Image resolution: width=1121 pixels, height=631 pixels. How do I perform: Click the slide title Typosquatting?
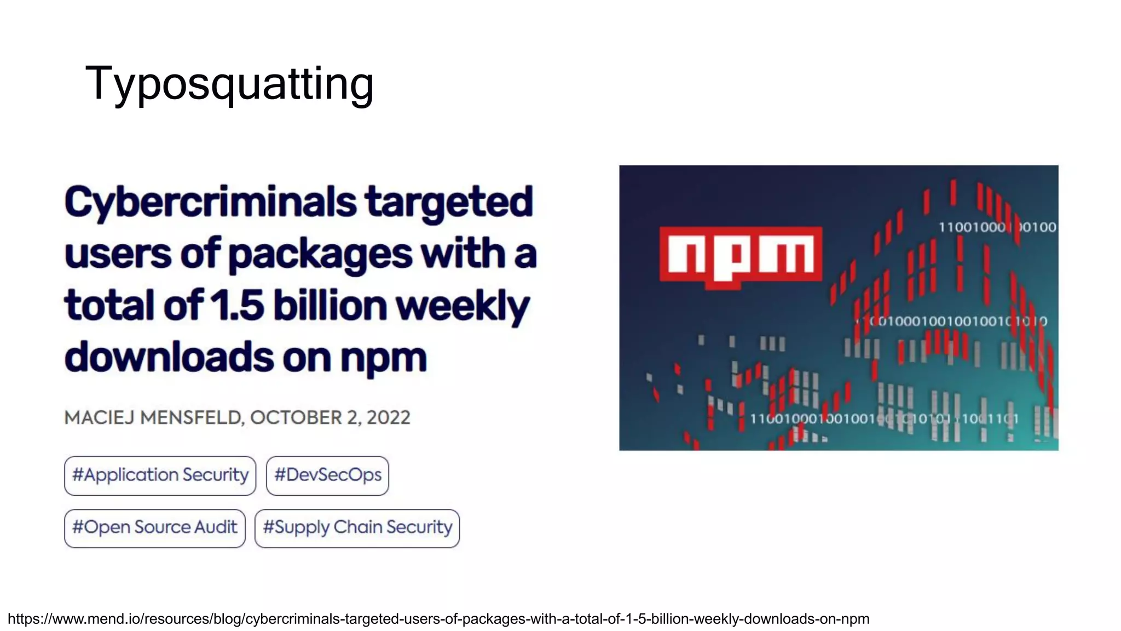[229, 83]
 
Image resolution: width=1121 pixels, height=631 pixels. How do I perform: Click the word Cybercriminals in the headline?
[210, 202]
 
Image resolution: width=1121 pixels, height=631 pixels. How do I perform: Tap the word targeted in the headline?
[449, 202]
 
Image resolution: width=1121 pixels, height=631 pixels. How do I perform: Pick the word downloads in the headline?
[169, 357]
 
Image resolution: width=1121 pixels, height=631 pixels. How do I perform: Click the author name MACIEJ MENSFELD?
[153, 417]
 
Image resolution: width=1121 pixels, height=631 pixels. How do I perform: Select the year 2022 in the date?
[388, 417]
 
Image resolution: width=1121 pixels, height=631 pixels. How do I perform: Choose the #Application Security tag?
[160, 475]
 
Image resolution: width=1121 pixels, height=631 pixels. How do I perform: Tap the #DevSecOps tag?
[327, 475]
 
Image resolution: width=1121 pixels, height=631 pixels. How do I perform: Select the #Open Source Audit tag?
[154, 527]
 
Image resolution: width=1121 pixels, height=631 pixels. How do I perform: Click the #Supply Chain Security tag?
[357, 527]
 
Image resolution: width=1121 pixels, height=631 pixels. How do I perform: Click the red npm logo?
[741, 255]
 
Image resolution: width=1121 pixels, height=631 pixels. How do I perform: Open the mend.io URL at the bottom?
[438, 619]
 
